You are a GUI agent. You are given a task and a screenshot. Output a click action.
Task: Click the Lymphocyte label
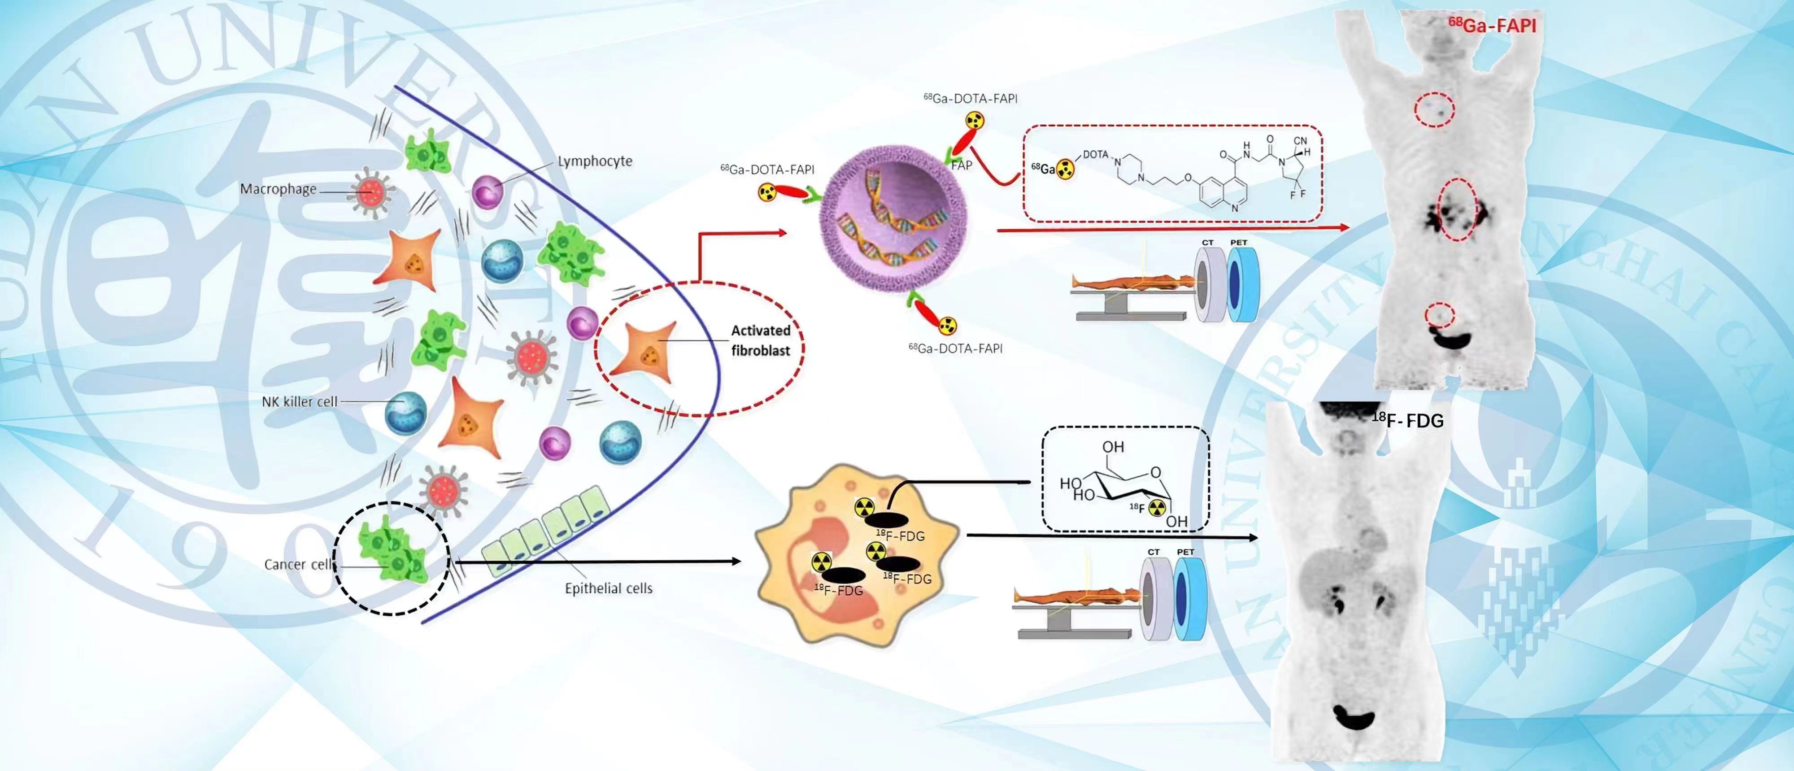594,161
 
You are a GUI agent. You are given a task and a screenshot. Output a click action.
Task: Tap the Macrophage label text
278,189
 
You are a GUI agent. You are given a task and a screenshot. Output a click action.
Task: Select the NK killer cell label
300,402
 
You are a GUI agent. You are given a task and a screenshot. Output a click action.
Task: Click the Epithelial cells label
608,588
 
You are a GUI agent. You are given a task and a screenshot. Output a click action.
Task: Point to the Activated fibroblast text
761,340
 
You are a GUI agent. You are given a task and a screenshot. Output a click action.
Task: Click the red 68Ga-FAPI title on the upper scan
1492,26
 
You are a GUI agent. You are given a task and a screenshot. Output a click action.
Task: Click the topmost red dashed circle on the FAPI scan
1434,109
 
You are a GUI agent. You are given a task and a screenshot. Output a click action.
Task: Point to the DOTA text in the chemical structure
1096,155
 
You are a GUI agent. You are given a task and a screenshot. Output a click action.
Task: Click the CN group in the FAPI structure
1300,141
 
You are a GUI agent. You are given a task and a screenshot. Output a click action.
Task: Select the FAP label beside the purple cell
962,165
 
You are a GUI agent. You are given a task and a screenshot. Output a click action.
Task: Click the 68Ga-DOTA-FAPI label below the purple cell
955,348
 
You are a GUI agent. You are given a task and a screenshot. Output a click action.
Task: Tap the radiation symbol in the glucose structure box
1157,508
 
